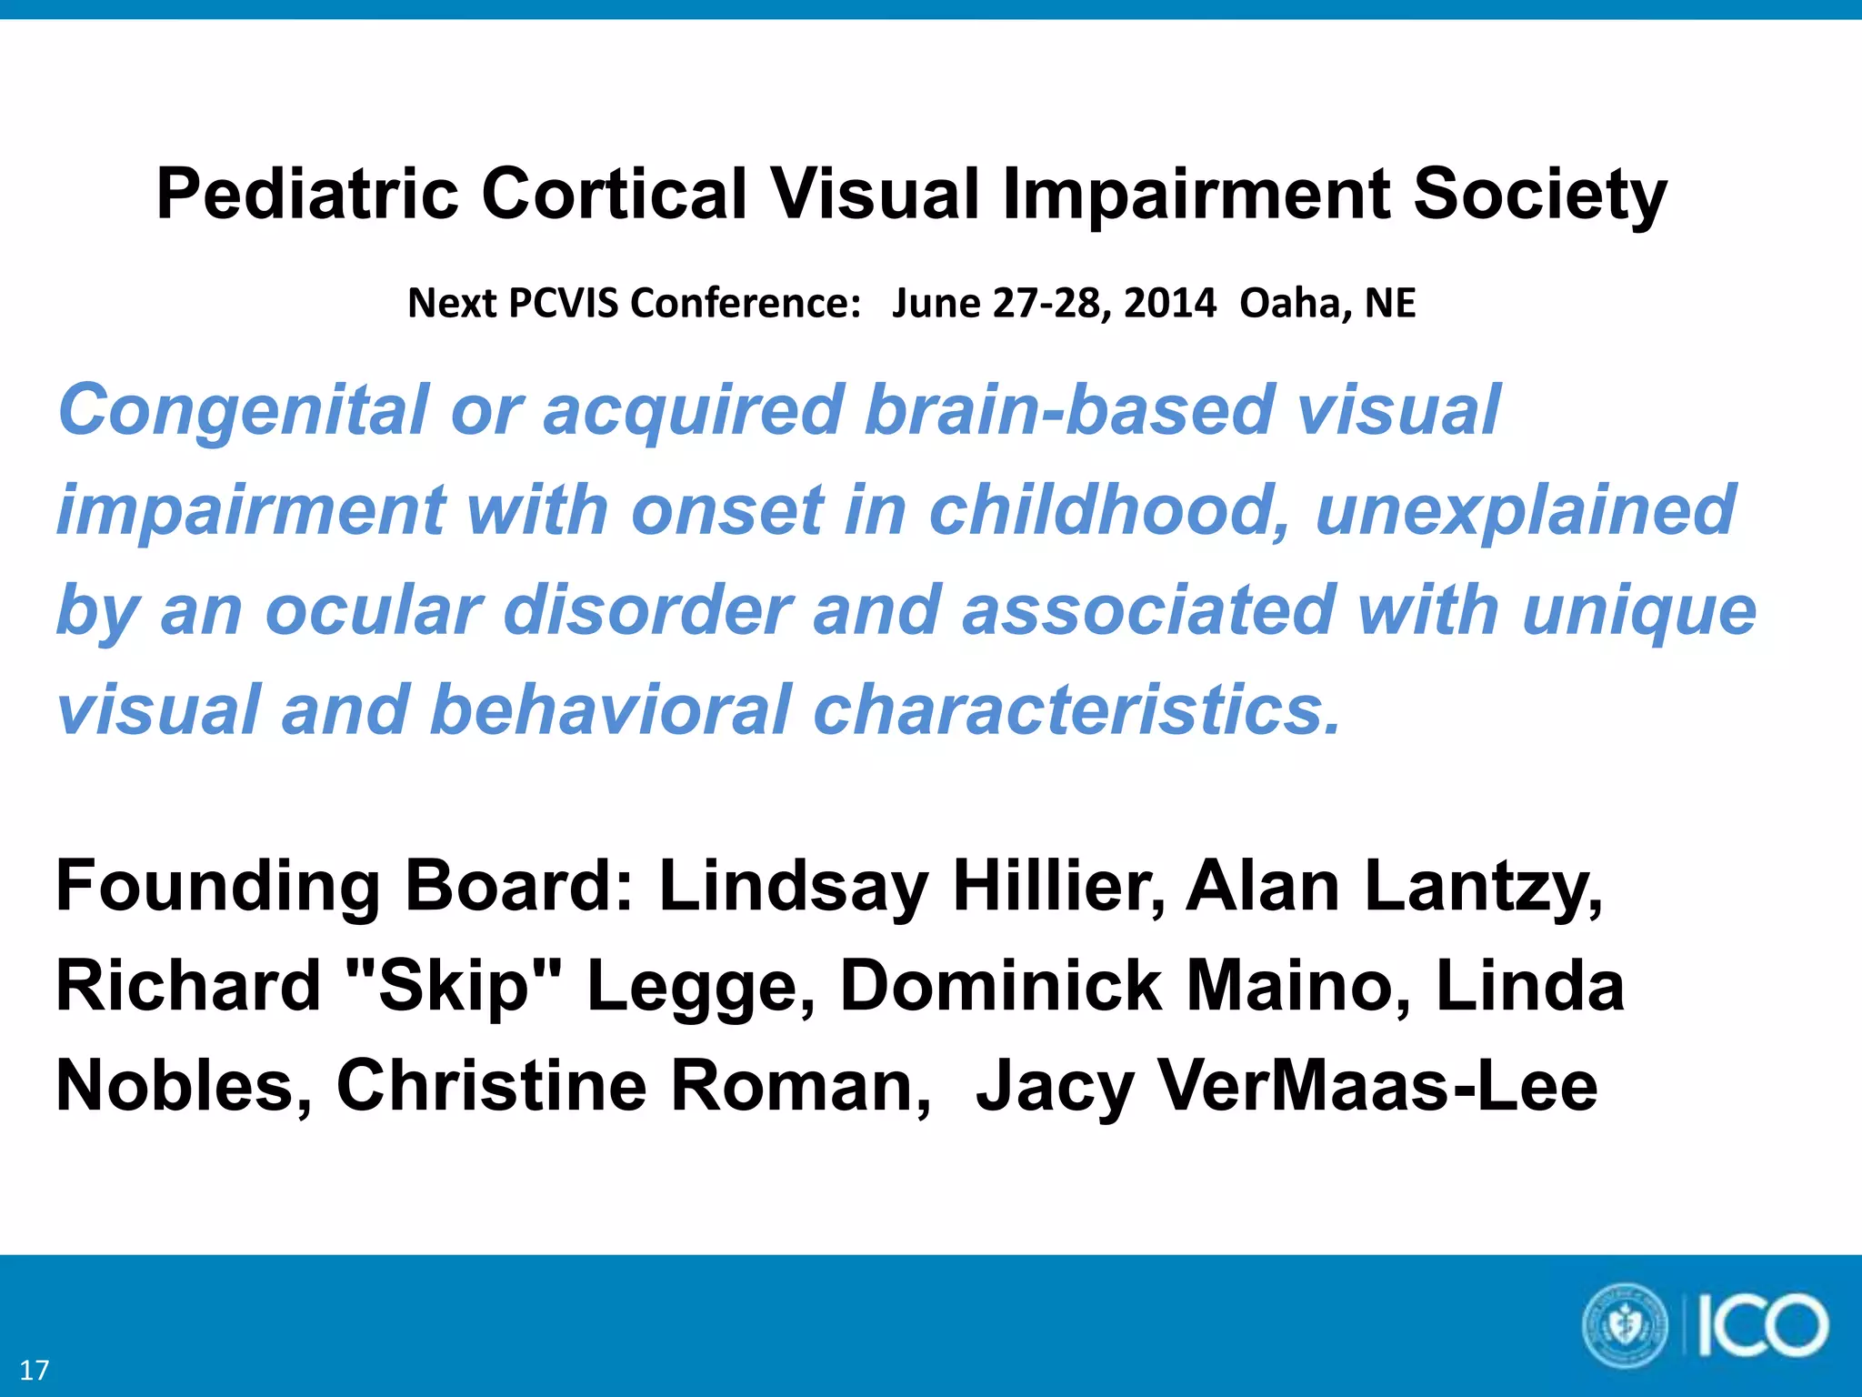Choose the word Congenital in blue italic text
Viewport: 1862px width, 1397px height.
tap(243, 411)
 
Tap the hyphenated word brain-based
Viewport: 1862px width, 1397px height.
tap(1068, 409)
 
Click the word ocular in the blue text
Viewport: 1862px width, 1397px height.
tap(373, 609)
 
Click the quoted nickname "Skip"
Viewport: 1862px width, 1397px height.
tap(455, 986)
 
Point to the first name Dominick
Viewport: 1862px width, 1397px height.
tap(1001, 986)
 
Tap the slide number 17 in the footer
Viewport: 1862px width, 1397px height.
tap(35, 1370)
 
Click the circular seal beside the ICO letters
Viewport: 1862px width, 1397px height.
tap(1626, 1325)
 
